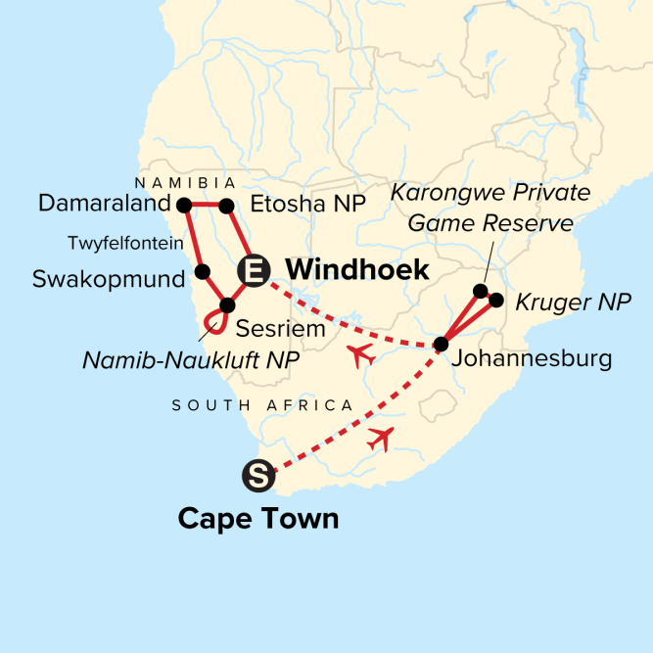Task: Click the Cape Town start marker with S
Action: coord(254,477)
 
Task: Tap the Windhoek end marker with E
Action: coord(253,271)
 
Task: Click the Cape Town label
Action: coord(257,517)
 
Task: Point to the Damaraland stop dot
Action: coord(182,205)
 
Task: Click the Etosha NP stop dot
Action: coord(225,206)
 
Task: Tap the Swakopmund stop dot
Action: coord(202,271)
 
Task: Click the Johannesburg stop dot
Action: coord(442,344)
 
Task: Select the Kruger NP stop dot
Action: coord(495,301)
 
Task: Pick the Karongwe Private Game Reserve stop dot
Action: coord(480,291)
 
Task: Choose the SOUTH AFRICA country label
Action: coord(262,404)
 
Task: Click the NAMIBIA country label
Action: coord(185,183)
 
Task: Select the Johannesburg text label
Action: coord(532,359)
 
